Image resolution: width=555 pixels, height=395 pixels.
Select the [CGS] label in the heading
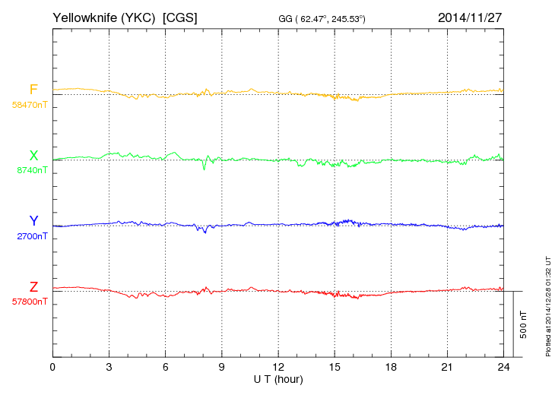pos(180,17)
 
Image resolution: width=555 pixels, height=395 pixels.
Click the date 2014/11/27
pos(470,17)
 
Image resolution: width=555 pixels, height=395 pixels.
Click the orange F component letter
pos(33,90)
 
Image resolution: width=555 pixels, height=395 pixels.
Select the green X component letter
pos(33,156)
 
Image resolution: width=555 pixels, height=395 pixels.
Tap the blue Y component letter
pos(33,221)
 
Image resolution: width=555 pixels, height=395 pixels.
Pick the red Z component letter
pos(33,287)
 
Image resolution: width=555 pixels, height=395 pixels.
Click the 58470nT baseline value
pos(29,104)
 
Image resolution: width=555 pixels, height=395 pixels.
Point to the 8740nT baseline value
pos(31,170)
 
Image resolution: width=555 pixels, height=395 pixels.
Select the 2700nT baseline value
pos(31,235)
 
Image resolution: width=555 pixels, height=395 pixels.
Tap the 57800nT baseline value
pos(29,301)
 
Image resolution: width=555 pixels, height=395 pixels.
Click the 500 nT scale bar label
pos(523,324)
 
